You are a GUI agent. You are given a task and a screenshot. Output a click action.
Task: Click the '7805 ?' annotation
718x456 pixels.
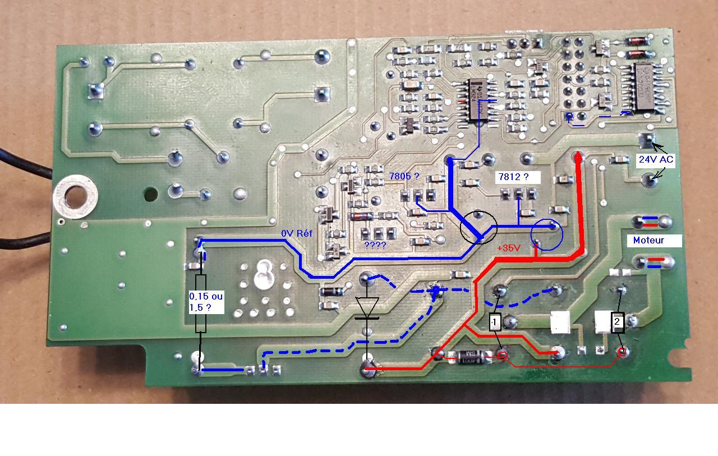[404, 176]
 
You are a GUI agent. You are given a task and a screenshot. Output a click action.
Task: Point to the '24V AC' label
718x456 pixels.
[656, 159]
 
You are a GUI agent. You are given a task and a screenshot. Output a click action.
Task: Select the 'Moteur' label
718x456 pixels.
[649, 240]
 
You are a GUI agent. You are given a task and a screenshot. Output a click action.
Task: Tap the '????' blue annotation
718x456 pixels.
[375, 245]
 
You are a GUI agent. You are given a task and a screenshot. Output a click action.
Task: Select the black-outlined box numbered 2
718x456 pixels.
[617, 322]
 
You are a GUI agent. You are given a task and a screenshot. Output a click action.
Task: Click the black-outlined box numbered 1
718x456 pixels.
[495, 322]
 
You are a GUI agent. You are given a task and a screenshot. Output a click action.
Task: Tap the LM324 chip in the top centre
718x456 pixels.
[477, 101]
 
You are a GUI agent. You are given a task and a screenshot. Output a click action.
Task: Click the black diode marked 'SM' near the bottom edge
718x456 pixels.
[465, 356]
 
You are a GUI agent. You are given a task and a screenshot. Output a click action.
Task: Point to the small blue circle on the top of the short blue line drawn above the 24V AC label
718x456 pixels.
[569, 117]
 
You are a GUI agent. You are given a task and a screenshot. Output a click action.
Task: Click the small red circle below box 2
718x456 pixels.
[622, 352]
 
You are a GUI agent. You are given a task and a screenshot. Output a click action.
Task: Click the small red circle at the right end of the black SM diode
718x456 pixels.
[503, 355]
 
